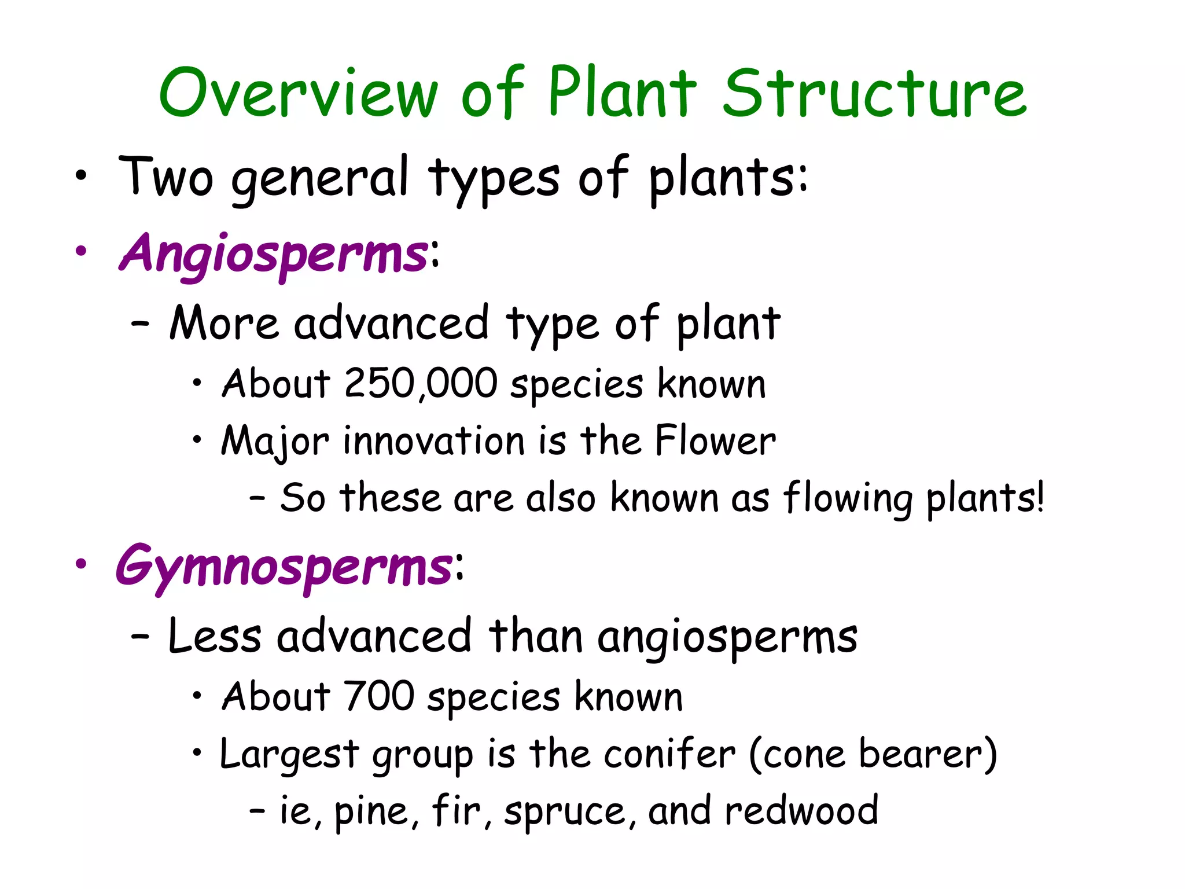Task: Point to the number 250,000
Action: click(421, 384)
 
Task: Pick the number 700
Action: click(379, 696)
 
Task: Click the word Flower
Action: click(715, 441)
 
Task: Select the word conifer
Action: click(670, 754)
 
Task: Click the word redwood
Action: click(801, 811)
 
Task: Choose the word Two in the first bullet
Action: click(166, 177)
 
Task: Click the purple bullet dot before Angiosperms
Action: click(81, 251)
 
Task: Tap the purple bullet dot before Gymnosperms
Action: click(81, 564)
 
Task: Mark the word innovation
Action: click(434, 441)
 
